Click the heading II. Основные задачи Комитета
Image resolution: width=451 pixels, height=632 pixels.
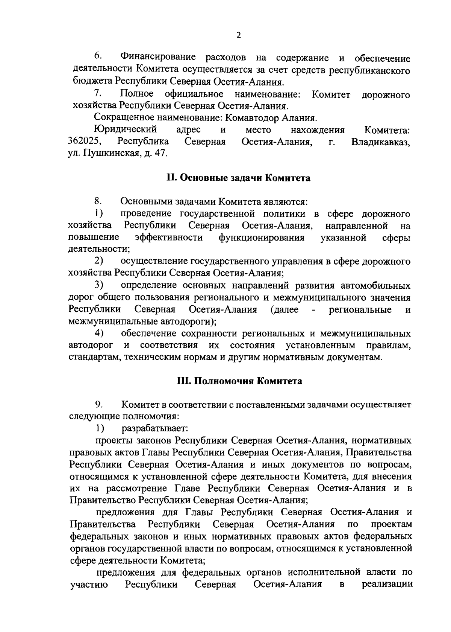pyautogui.click(x=239, y=178)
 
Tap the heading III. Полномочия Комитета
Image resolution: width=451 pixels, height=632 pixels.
pyautogui.click(x=239, y=381)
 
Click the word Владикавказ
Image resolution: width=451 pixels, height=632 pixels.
pyautogui.click(x=380, y=142)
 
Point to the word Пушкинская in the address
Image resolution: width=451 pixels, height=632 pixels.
pyautogui.click(x=109, y=154)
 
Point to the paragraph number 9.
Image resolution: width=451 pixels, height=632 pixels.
pyautogui.click(x=99, y=405)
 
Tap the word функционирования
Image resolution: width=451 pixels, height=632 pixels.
pyautogui.click(x=261, y=238)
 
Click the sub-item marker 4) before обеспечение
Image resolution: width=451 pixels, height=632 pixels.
pyautogui.click(x=99, y=333)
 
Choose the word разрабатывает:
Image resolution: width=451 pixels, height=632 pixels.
pyautogui.click(x=154, y=428)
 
